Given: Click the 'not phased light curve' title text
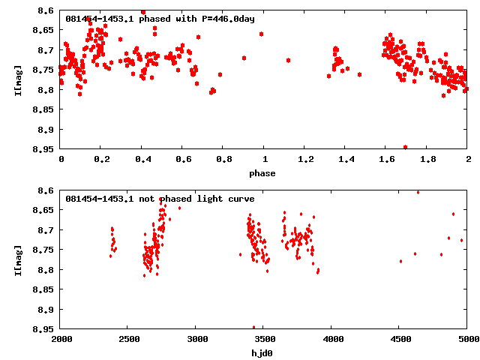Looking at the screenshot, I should point(160,199).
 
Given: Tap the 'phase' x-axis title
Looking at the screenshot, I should point(262,173).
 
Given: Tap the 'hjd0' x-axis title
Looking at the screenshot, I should point(262,353).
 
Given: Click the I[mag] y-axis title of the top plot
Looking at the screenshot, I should point(18,79).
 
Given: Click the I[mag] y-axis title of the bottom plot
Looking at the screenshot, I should point(18,259).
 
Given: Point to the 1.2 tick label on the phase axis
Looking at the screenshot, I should point(305,160).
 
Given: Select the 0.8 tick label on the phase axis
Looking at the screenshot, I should point(223,160).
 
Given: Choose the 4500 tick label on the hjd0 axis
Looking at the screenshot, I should point(399,340).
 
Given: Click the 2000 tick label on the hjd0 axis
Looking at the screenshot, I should point(61,340).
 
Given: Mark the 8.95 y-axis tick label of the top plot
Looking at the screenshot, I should point(43,148).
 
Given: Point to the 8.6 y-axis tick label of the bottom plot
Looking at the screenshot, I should point(45,191).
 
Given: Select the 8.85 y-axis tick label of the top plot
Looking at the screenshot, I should point(43,109).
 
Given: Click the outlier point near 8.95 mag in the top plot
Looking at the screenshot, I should point(406,147).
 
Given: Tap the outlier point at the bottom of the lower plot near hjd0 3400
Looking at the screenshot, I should point(253,327).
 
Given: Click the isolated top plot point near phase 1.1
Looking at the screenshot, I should point(288,60).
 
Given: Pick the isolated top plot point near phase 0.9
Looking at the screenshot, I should point(244,58).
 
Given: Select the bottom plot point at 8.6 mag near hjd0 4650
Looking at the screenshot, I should point(418,192).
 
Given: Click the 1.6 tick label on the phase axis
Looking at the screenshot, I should point(387,160).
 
